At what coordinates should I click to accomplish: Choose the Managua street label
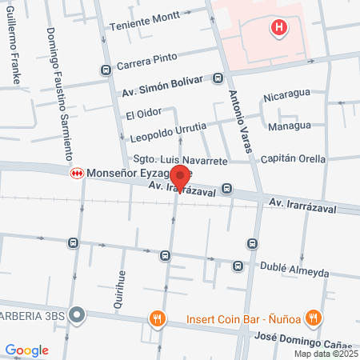coord(290,126)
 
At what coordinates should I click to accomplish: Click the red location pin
coord(181,178)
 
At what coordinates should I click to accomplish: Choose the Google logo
coord(26,350)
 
